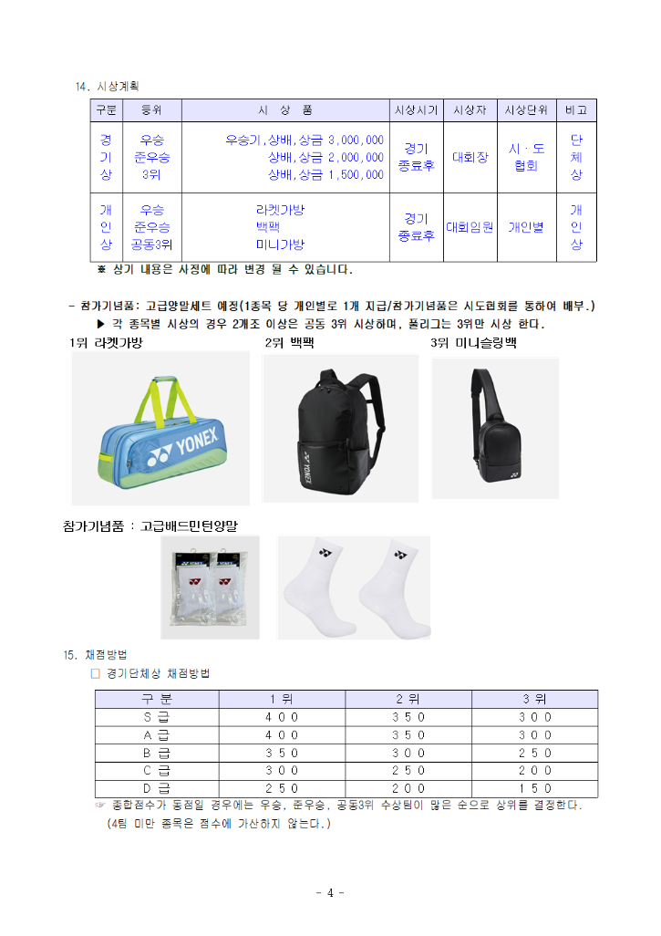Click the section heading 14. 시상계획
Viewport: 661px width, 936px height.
coord(107,87)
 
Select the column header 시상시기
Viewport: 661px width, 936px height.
coord(416,110)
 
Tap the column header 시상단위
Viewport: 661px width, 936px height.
coord(526,110)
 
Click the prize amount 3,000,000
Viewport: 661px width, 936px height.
coord(356,140)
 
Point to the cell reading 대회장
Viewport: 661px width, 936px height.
coord(470,157)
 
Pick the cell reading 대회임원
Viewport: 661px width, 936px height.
coord(470,227)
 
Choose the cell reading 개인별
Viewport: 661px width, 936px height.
coord(526,227)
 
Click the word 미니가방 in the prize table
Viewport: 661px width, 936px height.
coord(280,244)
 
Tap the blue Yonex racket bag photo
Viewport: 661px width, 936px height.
coord(160,428)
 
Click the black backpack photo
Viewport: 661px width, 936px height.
coord(339,428)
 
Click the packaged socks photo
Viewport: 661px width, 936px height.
coord(210,587)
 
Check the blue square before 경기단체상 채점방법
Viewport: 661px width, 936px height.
coord(95,673)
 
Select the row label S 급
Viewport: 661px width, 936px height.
coord(157,717)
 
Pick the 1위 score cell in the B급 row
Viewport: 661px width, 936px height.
coord(282,753)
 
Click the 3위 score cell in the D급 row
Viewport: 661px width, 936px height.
coord(534,788)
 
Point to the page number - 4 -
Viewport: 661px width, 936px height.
coord(329,892)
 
